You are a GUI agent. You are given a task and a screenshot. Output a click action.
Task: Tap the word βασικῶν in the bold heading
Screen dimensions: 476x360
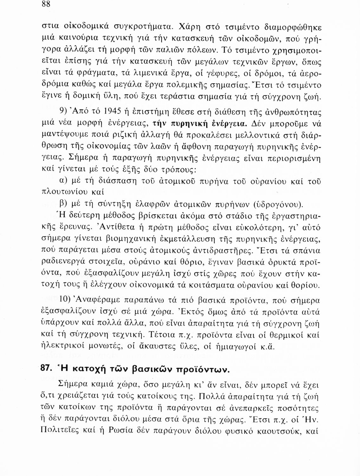154,370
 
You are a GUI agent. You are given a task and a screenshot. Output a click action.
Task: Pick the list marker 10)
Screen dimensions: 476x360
66,300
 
